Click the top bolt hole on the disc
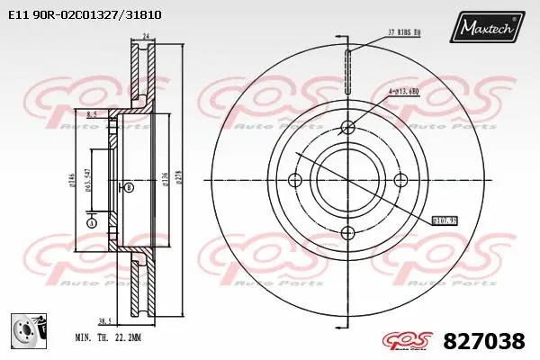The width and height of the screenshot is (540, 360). pos(346,127)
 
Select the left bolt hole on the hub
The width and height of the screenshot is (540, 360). pos(294,180)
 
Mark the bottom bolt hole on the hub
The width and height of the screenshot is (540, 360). pos(346,233)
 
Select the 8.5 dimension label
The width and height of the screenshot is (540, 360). pos(92,114)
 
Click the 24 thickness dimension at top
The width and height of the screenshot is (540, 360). pos(144,36)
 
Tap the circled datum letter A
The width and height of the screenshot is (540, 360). pos(91,222)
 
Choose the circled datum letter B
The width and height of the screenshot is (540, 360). pos(129,187)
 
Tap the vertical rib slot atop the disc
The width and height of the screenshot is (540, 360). pos(346,67)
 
